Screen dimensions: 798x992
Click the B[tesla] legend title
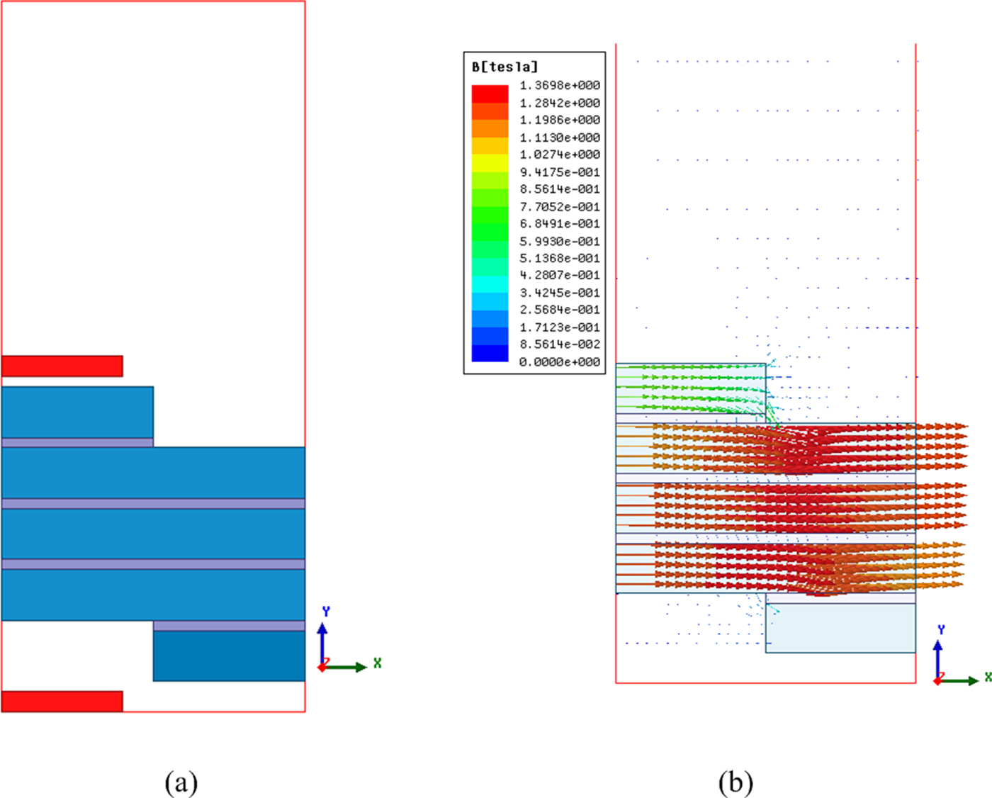click(505, 67)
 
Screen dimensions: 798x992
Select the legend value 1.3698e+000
click(560, 86)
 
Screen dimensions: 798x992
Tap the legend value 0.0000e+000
click(560, 362)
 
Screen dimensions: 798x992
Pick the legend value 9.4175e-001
click(560, 172)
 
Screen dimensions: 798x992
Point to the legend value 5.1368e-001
click(560, 259)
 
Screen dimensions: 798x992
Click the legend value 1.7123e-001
click(560, 327)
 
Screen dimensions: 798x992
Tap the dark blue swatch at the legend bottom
click(490, 353)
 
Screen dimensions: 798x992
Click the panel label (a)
click(181, 783)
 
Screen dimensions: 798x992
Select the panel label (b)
click(735, 783)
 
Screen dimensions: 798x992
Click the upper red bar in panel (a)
click(62, 366)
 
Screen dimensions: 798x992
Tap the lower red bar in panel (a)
click(62, 702)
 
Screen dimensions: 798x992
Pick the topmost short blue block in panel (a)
click(77, 412)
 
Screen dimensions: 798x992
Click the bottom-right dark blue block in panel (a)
click(229, 656)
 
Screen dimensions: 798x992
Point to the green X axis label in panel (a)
click(378, 663)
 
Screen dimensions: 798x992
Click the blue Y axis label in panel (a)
click(326, 612)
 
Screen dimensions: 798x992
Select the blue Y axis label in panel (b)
click(941, 630)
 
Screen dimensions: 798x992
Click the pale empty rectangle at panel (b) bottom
click(840, 628)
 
